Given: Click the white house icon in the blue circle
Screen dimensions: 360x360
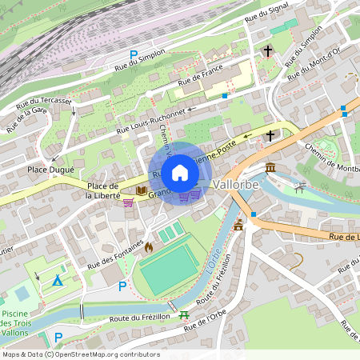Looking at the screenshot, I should [x=180, y=172].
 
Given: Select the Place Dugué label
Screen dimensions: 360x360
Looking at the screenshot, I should [x=50, y=170].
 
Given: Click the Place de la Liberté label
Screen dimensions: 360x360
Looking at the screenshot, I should [x=103, y=190].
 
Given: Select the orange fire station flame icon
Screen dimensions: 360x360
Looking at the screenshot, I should [x=148, y=247].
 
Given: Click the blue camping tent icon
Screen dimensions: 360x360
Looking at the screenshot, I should [x=57, y=281].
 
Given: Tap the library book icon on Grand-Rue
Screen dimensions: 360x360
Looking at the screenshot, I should [x=141, y=191].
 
